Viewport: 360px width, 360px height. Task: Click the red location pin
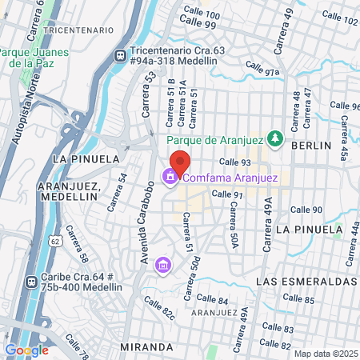pyautogui.click(x=180, y=162)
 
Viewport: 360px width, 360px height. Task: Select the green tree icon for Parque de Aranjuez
pyautogui.click(x=274, y=138)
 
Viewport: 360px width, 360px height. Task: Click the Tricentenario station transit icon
pyautogui.click(x=120, y=56)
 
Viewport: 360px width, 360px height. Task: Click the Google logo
pyautogui.click(x=26, y=350)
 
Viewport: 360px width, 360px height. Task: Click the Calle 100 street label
pyautogui.click(x=201, y=13)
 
